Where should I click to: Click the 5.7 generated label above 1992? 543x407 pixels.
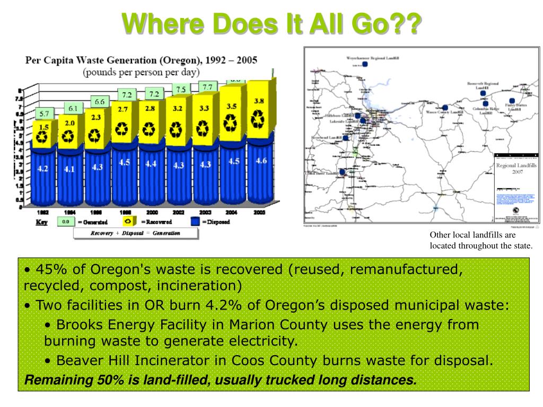[44, 113]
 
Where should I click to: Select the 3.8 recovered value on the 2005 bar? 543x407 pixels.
[259, 101]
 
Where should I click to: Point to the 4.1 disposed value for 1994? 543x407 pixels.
[69, 170]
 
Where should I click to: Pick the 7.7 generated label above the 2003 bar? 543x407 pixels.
[207, 86]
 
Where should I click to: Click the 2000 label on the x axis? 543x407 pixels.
[151, 212]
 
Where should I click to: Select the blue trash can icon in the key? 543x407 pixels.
[195, 222]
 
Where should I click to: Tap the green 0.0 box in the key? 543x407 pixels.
[65, 222]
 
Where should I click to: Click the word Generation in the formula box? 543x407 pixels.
[166, 233]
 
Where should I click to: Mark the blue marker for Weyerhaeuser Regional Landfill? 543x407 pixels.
[365, 64]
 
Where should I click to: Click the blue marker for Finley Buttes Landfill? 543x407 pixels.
[512, 101]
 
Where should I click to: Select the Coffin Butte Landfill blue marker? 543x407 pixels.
[342, 172]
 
